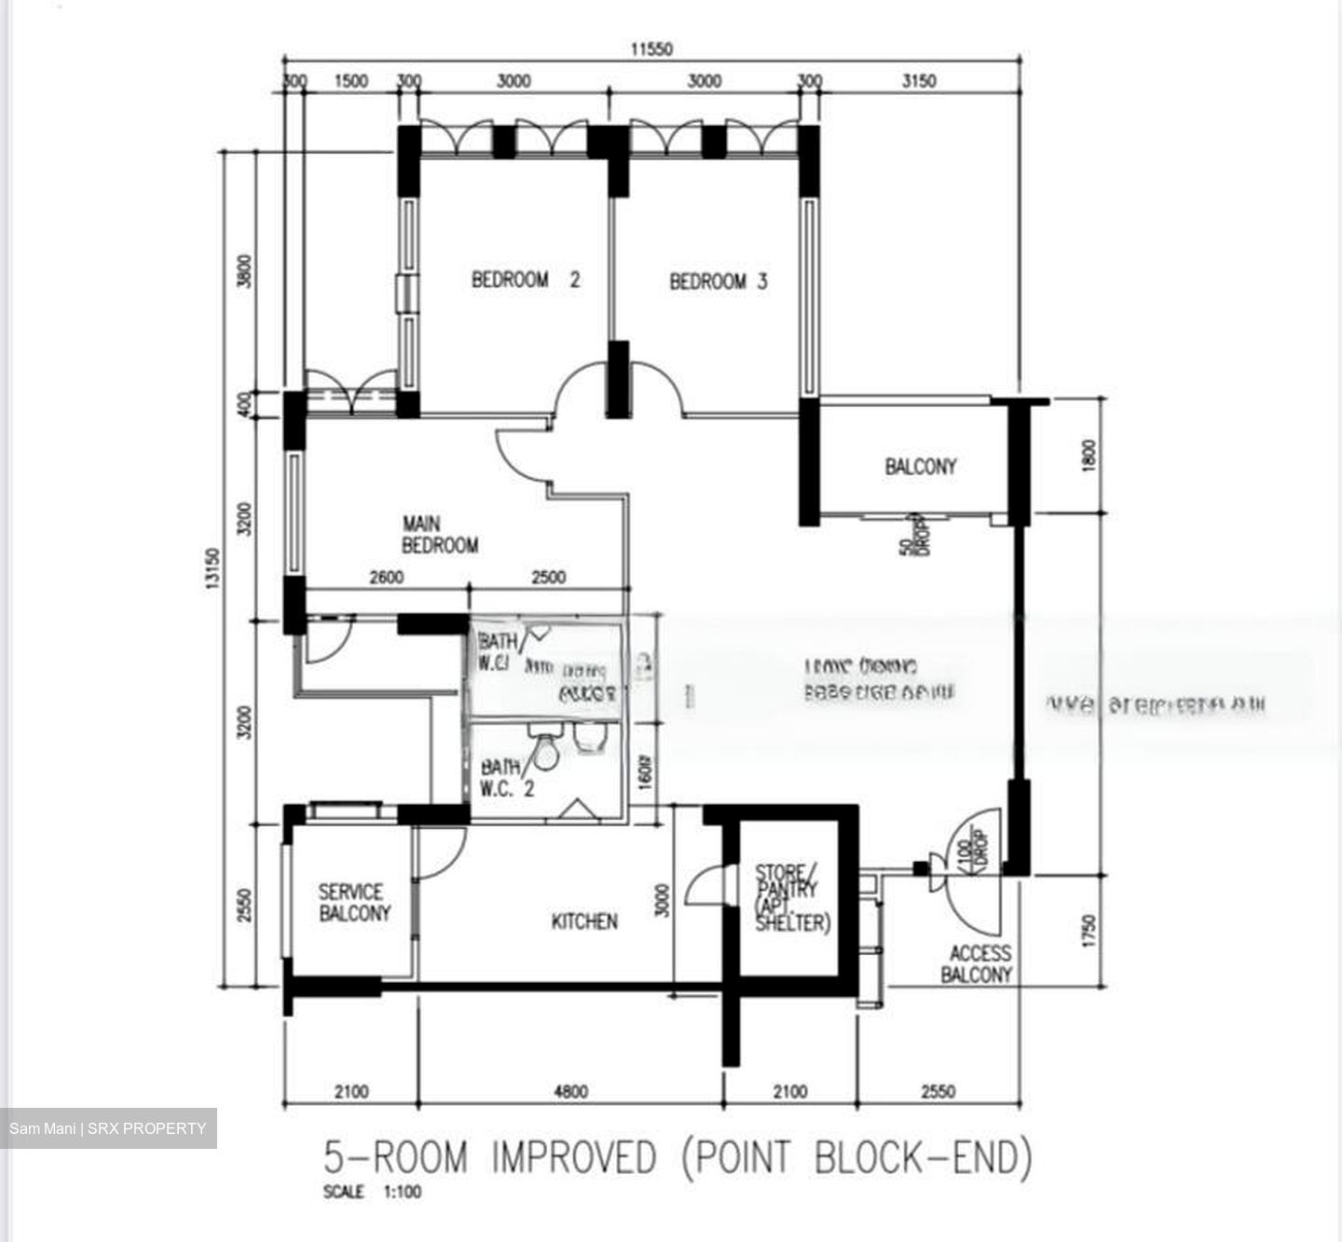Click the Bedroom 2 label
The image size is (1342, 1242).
526,280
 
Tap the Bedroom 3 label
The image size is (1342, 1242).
719,281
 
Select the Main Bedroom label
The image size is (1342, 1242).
440,535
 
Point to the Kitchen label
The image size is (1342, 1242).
584,921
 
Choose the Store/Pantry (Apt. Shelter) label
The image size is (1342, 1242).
791,897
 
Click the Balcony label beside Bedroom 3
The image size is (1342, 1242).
921,466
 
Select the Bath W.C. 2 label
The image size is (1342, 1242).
507,777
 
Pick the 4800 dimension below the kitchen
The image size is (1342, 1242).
570,1091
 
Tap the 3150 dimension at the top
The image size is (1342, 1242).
919,81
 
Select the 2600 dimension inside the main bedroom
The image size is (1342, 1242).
386,578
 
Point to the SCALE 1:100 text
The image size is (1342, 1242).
372,1192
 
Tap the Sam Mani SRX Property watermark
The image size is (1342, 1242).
108,1128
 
